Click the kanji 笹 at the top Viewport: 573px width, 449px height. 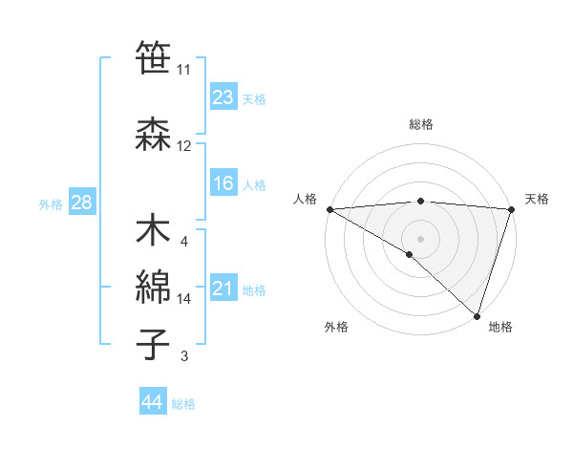pos(154,59)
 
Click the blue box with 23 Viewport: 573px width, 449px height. pos(223,97)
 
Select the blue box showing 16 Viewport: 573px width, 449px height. pos(223,183)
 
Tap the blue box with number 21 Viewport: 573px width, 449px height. pos(223,289)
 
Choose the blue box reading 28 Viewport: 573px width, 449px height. pos(80,203)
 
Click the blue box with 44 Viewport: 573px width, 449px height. pos(153,403)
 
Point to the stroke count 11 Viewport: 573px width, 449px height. pos(184,70)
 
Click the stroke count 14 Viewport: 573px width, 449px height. pos(184,299)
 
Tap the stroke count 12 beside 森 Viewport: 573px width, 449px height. pos(184,146)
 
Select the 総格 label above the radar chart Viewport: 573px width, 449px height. pos(421,125)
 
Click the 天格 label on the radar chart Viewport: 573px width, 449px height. pos(538,199)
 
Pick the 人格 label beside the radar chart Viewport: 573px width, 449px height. pos(305,199)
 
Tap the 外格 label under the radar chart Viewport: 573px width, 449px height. pos(335,328)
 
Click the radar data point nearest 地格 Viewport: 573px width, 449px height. pos(477,315)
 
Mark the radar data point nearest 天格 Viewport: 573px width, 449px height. pos(512,209)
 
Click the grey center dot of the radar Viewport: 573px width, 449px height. pos(421,238)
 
